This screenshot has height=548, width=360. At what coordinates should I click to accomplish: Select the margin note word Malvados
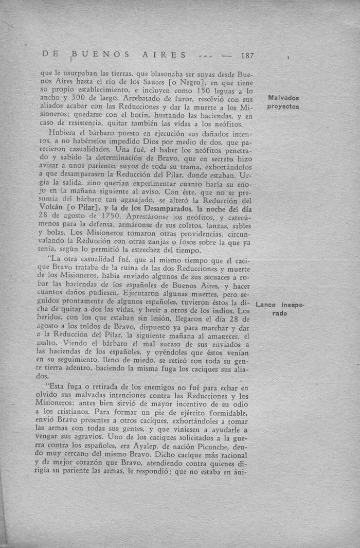283,98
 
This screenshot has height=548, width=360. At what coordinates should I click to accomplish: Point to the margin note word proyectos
283,107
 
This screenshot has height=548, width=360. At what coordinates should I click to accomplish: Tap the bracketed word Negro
195,82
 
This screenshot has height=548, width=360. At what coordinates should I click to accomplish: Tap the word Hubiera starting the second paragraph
63,133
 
